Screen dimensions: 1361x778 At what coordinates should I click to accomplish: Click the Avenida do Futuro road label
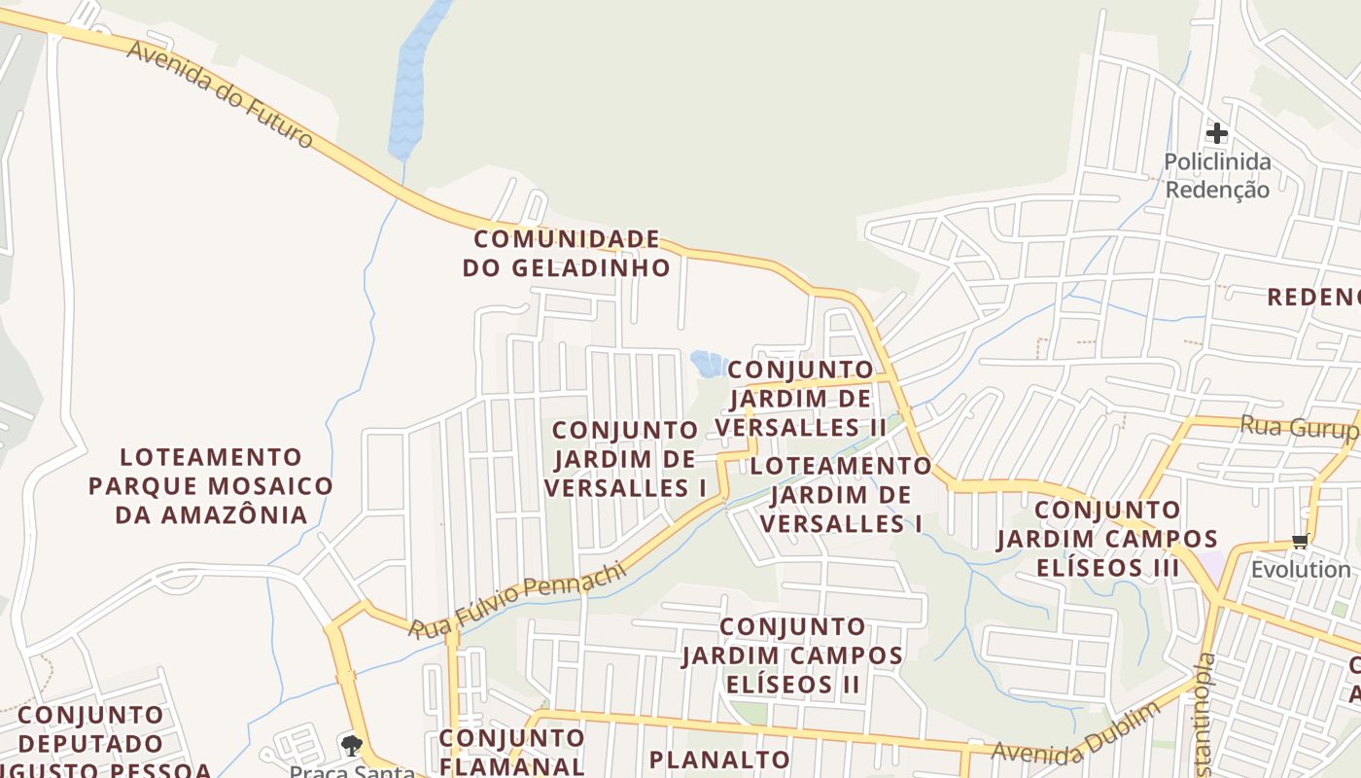coord(221,94)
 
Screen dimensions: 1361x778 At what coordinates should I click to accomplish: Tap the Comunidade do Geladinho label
coord(567,253)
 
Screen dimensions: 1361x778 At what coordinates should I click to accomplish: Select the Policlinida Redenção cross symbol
coord(1217,132)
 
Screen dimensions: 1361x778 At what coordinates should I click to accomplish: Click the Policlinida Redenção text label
coord(1217,176)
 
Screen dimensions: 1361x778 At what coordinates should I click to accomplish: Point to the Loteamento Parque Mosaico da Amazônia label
coord(211,485)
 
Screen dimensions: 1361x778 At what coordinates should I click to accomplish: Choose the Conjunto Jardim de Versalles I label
coord(625,459)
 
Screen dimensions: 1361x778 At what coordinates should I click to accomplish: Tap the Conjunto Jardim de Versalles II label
coord(801,398)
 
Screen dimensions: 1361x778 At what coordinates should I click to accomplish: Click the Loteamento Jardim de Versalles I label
coord(841,495)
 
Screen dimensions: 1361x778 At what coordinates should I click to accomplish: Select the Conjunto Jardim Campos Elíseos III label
coord(1107,538)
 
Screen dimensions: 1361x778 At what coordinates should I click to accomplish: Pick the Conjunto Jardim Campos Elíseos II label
coord(792,654)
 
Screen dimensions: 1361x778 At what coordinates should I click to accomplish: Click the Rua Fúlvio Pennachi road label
coord(517,603)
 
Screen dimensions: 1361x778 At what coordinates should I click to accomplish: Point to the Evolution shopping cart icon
coord(1300,542)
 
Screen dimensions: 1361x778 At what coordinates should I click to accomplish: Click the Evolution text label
coord(1301,569)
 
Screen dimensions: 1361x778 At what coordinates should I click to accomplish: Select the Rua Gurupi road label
coord(1297,427)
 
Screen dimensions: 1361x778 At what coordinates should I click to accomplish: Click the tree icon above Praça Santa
coord(351,746)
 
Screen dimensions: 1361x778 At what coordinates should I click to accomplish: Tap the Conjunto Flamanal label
coord(511,752)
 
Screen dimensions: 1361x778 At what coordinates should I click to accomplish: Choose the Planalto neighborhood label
coord(719,760)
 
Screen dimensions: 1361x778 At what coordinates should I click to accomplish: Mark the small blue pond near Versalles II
coord(708,364)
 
